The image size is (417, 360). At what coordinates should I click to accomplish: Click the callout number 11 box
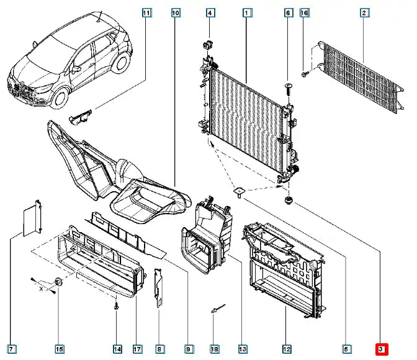tap(146, 12)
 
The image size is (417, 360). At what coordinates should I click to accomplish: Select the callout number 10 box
tap(176, 12)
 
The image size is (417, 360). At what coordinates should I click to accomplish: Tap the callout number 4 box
tap(210, 12)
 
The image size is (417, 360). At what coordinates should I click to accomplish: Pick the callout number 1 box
tap(246, 12)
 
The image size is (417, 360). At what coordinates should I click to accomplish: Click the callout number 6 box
tap(288, 12)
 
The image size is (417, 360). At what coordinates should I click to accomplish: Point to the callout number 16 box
tap(304, 12)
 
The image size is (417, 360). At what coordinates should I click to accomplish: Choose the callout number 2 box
tap(364, 12)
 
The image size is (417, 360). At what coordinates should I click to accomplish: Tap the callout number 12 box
tap(287, 349)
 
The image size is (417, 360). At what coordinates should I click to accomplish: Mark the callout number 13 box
tap(242, 349)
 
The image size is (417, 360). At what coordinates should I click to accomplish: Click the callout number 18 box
tap(214, 349)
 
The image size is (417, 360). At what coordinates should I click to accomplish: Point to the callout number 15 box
tap(59, 349)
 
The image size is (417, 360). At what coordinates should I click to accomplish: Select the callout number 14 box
tap(117, 349)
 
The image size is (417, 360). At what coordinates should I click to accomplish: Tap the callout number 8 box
tap(159, 349)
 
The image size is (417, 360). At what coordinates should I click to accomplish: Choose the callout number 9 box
tap(189, 349)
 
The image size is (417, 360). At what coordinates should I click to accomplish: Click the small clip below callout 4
tap(208, 44)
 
